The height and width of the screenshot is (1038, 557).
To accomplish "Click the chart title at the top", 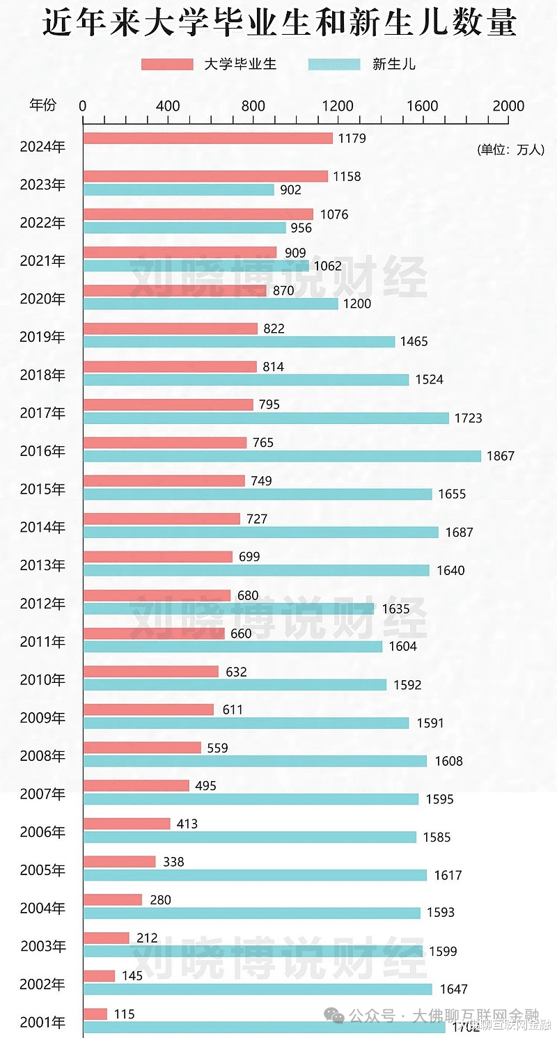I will click(278, 23).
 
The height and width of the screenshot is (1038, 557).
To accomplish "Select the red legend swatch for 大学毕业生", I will click(167, 65).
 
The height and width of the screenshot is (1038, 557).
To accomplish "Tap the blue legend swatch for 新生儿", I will click(334, 65).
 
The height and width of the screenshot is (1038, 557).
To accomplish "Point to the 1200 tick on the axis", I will click(338, 107).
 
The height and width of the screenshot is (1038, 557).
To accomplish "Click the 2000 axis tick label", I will click(508, 107).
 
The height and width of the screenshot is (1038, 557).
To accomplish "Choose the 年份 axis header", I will click(42, 105).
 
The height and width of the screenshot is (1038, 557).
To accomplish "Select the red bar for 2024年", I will click(207, 138).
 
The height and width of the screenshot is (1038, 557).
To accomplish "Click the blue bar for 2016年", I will click(282, 456).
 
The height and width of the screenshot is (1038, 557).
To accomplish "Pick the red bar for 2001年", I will click(95, 1014).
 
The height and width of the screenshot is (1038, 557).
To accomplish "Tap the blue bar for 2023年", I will click(178, 189).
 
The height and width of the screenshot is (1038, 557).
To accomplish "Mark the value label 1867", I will click(501, 456).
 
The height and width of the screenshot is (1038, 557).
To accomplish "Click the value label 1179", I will click(352, 138).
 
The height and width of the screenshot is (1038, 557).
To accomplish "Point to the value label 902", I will click(290, 190).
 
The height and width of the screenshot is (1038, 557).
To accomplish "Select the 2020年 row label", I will click(42, 299).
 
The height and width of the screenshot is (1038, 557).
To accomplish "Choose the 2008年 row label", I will click(42, 755).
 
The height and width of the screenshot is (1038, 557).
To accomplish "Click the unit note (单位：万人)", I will click(510, 150).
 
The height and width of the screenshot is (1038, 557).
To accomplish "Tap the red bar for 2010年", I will click(150, 671).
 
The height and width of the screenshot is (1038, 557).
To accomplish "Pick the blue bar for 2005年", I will click(255, 875).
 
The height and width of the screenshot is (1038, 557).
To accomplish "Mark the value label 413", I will click(187, 824).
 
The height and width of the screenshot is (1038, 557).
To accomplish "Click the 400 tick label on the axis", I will click(168, 107).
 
